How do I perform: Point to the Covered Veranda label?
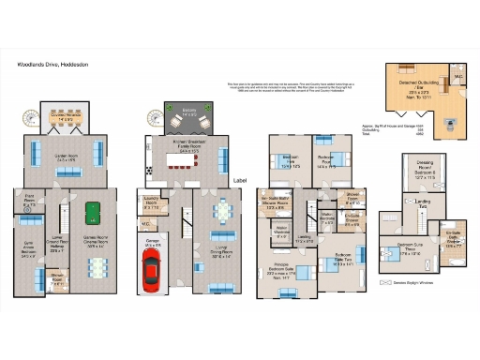pos(65,118)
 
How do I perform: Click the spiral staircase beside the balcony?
pos(153,118)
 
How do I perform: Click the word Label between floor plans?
pos(240,180)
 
